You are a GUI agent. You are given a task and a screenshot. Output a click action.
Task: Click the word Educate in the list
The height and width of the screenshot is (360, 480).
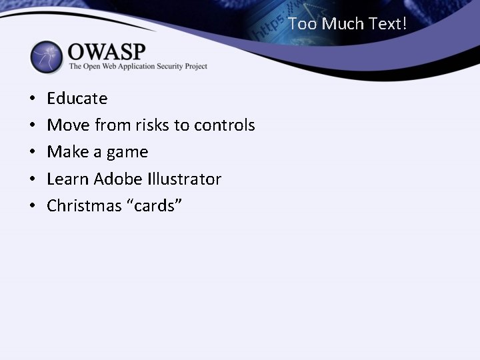pyautogui.click(x=77, y=99)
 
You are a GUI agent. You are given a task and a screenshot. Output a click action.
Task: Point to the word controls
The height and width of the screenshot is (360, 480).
pyautogui.click(x=225, y=125)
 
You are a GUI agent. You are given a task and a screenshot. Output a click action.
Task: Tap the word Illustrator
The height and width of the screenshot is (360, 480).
pyautogui.click(x=182, y=179)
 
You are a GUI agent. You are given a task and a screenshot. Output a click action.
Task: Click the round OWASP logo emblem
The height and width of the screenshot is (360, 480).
pyautogui.click(x=46, y=57)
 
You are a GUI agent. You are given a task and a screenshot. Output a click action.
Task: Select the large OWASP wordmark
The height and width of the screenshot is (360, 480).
pyautogui.click(x=107, y=51)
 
